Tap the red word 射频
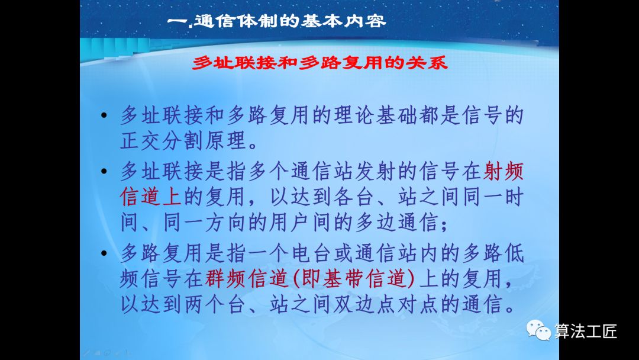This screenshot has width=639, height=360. coord(504,172)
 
